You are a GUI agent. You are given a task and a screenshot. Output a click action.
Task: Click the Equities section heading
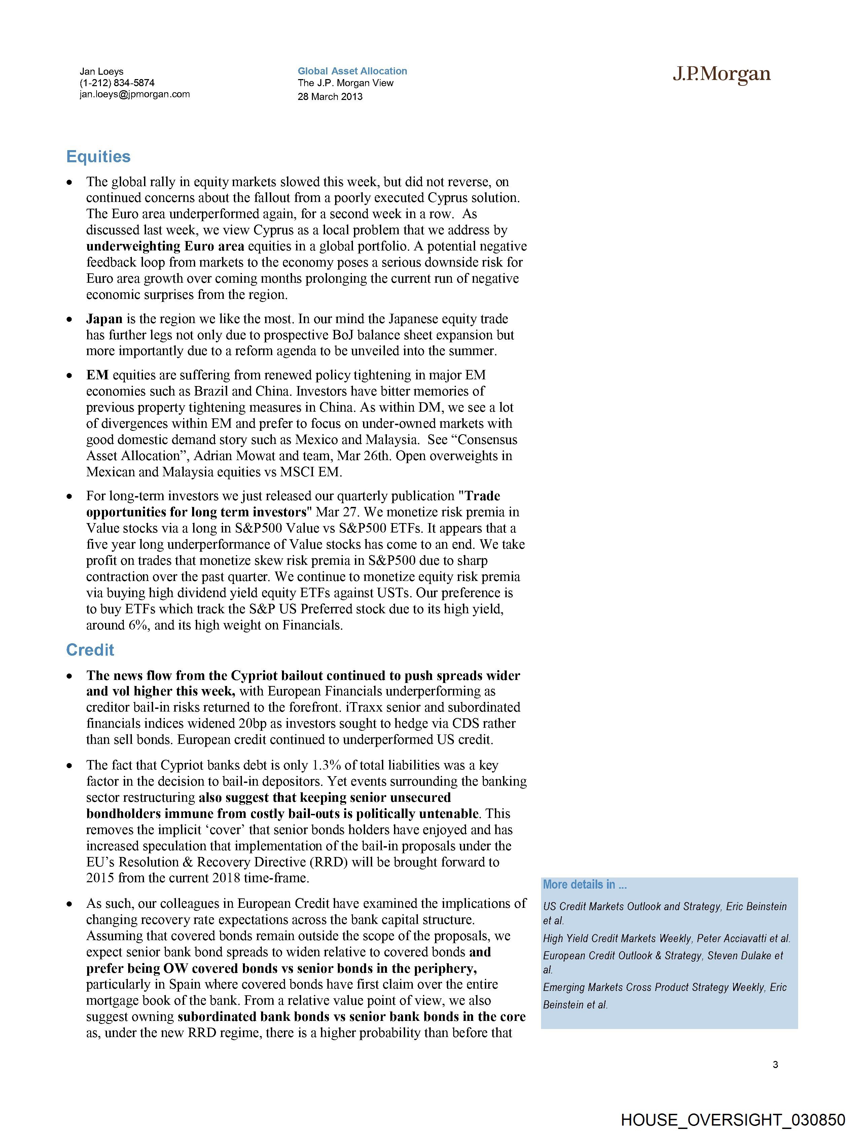98,157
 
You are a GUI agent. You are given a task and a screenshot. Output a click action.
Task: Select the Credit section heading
90,650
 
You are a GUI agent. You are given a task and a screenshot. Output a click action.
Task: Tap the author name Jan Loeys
102,72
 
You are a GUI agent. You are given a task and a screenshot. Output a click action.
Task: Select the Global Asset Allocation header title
352,71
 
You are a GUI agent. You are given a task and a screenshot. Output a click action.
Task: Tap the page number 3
775,1065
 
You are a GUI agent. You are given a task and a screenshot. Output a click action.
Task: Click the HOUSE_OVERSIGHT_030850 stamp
733,1120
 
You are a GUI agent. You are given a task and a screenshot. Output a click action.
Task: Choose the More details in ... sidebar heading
585,884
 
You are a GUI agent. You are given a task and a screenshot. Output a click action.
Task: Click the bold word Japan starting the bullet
104,319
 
